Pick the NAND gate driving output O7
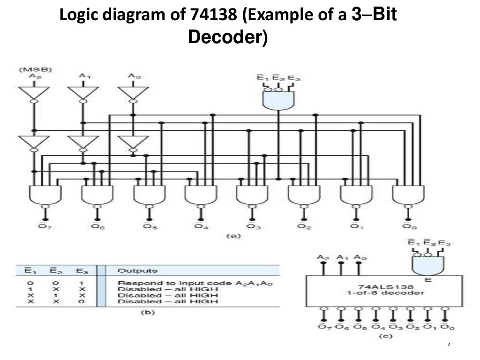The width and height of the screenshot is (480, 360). coord(45,194)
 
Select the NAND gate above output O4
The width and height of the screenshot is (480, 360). coord(200,194)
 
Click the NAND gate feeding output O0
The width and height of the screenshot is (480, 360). coord(406,194)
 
